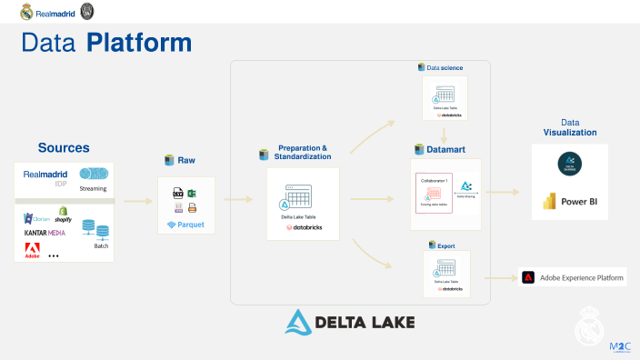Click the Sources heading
pyautogui.click(x=64, y=147)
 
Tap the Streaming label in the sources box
pyautogui.click(x=93, y=189)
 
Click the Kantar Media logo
pyautogui.click(x=45, y=233)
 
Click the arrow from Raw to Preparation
pyautogui.click(x=237, y=199)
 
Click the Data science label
pyautogui.click(x=445, y=67)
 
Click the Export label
pyautogui.click(x=445, y=245)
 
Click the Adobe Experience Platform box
pyautogui.click(x=573, y=277)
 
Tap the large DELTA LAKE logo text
pyautogui.click(x=350, y=322)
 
